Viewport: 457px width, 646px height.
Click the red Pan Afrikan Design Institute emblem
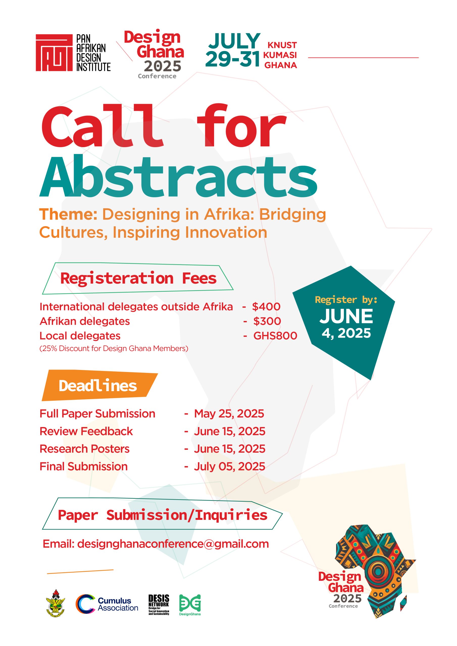pyautogui.click(x=54, y=53)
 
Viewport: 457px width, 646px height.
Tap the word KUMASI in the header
pyautogui.click(x=280, y=55)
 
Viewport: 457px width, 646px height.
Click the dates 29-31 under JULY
pyautogui.click(x=232, y=59)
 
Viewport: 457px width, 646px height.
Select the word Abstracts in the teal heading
pyautogui.click(x=179, y=176)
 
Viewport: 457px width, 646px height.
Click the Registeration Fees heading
pyautogui.click(x=138, y=279)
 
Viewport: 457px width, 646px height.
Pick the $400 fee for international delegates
pyautogui.click(x=266, y=307)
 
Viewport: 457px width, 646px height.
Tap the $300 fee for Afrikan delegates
pyautogui.click(x=267, y=321)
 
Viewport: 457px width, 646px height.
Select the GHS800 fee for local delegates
pyautogui.click(x=275, y=336)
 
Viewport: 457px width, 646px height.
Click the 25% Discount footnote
pyautogui.click(x=114, y=348)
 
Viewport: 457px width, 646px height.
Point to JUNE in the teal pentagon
pyautogui.click(x=346, y=316)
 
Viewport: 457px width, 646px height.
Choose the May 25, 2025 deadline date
pyautogui.click(x=229, y=414)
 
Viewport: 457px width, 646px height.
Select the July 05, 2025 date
pyautogui.click(x=230, y=467)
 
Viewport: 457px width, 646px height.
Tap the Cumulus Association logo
pyautogui.click(x=107, y=604)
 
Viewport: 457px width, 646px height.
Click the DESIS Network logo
pyautogui.click(x=159, y=605)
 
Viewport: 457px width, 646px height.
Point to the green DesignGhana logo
pyautogui.click(x=190, y=605)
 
